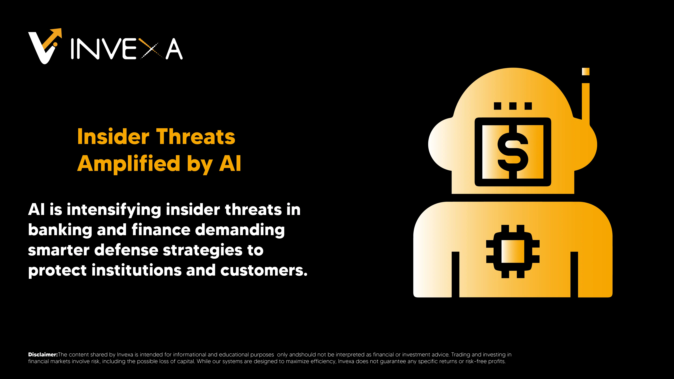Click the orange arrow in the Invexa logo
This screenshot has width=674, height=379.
coord(54,38)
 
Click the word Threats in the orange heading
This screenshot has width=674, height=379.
coord(196,137)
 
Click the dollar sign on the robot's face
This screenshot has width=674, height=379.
coord(513,152)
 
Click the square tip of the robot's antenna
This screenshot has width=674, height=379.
coord(586,71)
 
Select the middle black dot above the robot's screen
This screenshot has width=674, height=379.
coord(513,106)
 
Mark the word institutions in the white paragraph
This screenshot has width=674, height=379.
coord(136,270)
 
